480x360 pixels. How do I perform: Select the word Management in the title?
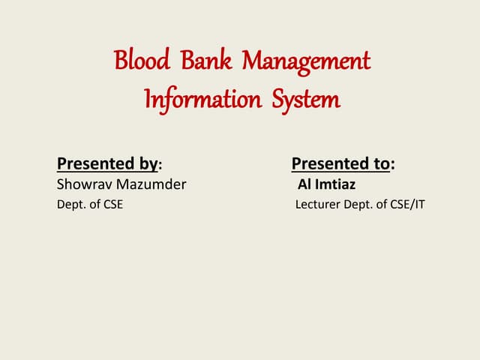305,61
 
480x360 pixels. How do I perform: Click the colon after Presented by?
161,164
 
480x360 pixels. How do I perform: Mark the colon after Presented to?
393,164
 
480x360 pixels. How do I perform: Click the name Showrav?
82,184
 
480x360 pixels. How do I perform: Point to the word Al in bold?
304,184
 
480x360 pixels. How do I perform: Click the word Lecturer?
318,203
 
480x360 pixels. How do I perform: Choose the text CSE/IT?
407,203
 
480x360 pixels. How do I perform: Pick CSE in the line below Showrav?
112,203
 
